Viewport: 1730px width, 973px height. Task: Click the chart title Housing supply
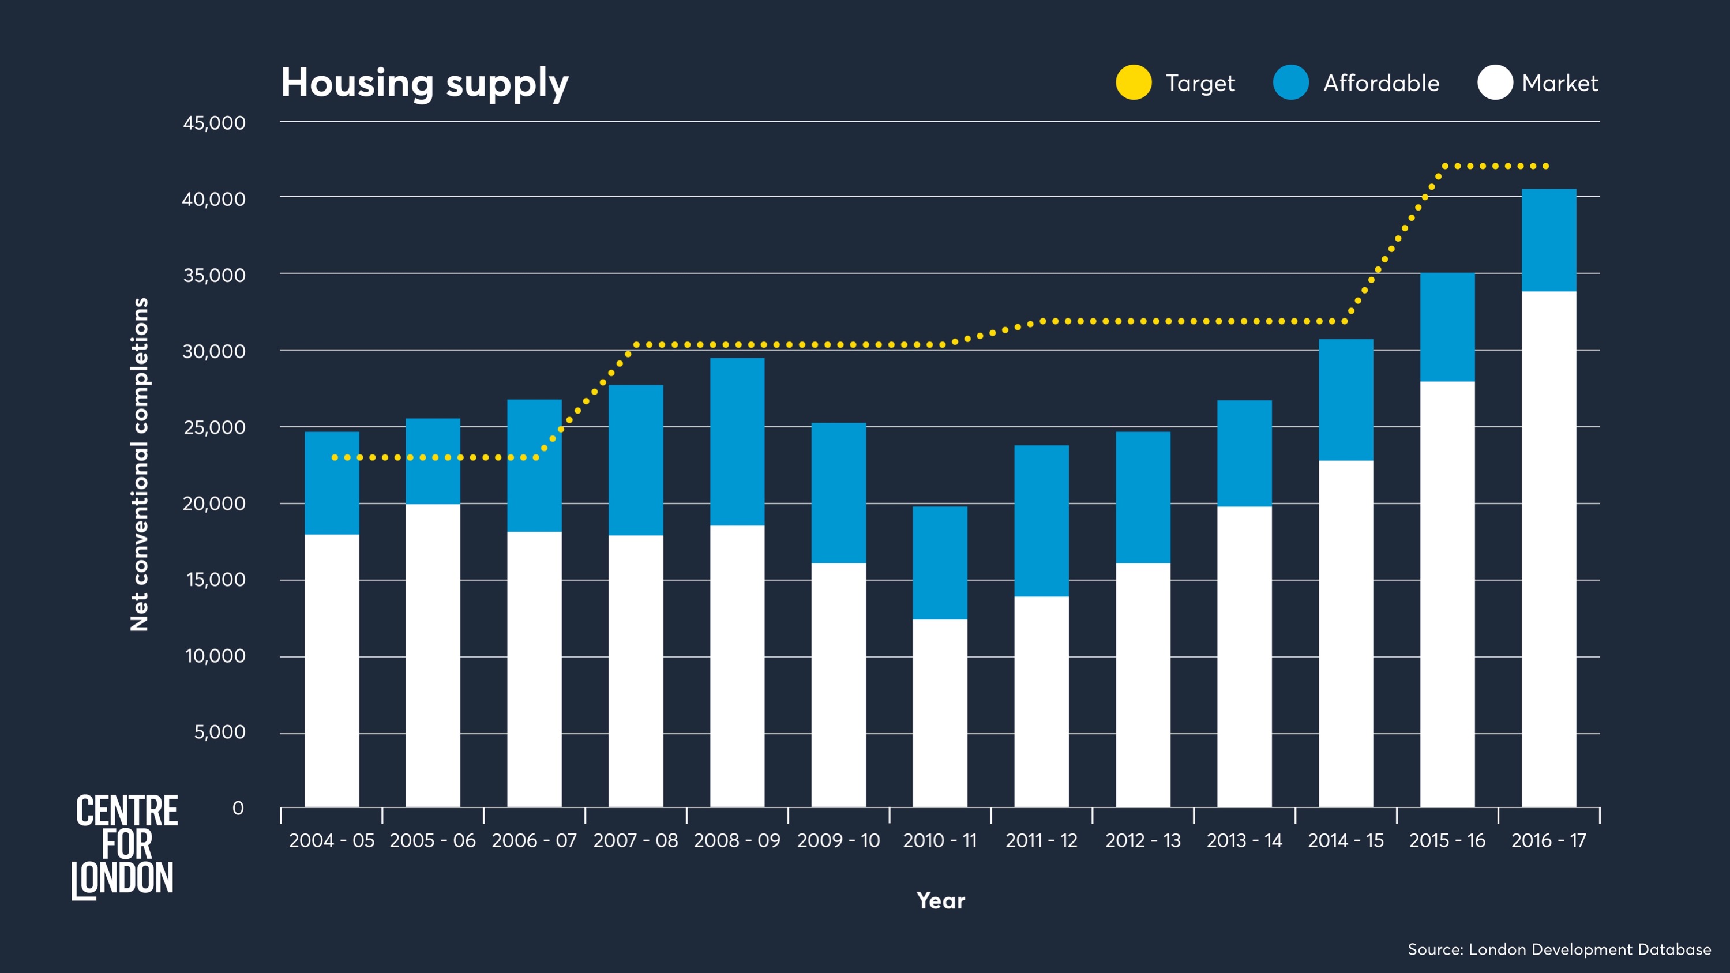click(x=425, y=83)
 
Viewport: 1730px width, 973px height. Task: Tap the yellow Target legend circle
click(x=1134, y=82)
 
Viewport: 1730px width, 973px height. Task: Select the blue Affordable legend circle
click(x=1290, y=82)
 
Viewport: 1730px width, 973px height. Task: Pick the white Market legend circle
click(x=1495, y=82)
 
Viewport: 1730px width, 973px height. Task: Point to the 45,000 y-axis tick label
click(x=214, y=123)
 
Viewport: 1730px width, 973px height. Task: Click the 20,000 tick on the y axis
click(x=214, y=504)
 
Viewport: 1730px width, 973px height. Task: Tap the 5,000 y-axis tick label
click(x=220, y=732)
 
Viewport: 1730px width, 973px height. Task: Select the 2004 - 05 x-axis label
click(x=332, y=841)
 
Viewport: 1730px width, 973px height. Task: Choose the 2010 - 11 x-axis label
click(x=940, y=841)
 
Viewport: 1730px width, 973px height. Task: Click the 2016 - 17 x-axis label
click(x=1548, y=841)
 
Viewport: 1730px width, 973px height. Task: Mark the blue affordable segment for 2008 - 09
click(x=737, y=441)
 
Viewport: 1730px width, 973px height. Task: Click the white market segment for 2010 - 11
click(x=940, y=713)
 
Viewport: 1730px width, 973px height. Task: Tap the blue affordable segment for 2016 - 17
click(x=1548, y=240)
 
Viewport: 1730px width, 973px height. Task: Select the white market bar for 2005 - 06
click(x=433, y=655)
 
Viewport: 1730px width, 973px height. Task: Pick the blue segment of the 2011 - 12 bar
click(x=1041, y=520)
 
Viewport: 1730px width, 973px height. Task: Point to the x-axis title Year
click(x=940, y=901)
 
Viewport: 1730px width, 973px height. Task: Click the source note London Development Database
click(x=1559, y=949)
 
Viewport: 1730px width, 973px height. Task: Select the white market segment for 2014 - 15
click(x=1345, y=634)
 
